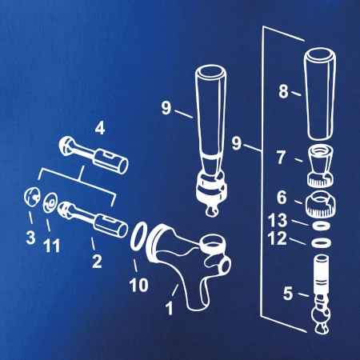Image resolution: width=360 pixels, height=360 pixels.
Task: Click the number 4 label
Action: pyautogui.click(x=100, y=129)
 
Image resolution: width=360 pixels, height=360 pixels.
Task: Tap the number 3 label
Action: pyautogui.click(x=30, y=237)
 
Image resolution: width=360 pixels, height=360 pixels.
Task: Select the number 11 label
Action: pyautogui.click(x=52, y=246)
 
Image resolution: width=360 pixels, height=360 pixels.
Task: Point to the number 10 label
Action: pyautogui.click(x=138, y=285)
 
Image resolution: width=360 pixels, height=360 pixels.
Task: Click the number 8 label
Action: pyautogui.click(x=284, y=91)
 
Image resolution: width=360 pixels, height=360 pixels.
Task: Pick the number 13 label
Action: pyautogui.click(x=278, y=220)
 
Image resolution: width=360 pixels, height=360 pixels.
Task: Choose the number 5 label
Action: pyautogui.click(x=288, y=294)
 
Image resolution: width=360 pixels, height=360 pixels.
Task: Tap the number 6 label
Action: pyautogui.click(x=282, y=198)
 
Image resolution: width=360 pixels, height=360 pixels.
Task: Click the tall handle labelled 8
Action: pyautogui.click(x=320, y=94)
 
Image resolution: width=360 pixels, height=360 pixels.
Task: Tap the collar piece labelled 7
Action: pyautogui.click(x=321, y=166)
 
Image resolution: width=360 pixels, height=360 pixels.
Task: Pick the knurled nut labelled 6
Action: pyautogui.click(x=320, y=205)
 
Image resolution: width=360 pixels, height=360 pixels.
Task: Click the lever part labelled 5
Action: pyautogui.click(x=321, y=294)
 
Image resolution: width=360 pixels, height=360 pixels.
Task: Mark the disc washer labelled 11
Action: pyautogui.click(x=50, y=202)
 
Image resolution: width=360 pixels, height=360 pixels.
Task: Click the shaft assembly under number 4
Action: pyautogui.click(x=94, y=154)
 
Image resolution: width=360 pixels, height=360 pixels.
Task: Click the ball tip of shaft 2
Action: pyautogui.click(x=64, y=209)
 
